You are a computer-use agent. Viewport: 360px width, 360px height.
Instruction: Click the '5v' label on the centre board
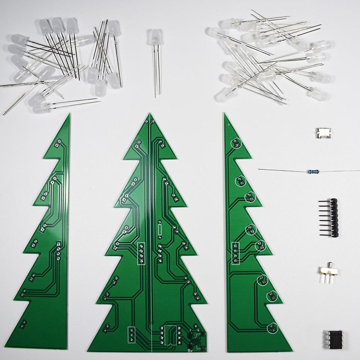pos(190,349)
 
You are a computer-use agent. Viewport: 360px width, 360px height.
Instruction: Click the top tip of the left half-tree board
pos(69,114)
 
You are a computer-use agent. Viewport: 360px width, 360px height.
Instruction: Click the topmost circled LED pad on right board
pos(236,143)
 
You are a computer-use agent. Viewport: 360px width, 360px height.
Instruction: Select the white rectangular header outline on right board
pos(235,253)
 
